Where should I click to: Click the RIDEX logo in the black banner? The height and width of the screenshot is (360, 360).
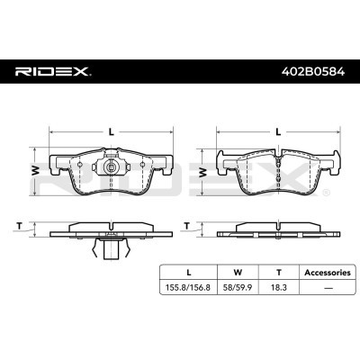pos(53,72)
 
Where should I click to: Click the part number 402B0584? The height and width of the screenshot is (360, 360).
pos(313,72)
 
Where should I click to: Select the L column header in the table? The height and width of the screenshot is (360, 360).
pos(189,273)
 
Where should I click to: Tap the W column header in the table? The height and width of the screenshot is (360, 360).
pos(238,273)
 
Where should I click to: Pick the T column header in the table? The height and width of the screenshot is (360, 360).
pos(279,273)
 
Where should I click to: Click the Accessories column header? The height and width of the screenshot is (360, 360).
pos(328,273)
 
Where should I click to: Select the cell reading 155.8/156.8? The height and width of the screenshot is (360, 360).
pos(188,287)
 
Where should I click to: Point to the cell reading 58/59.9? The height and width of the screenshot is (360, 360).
pos(238,287)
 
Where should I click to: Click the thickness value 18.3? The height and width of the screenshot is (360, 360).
pos(279,287)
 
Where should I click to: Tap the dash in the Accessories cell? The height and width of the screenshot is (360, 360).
pos(328,288)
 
